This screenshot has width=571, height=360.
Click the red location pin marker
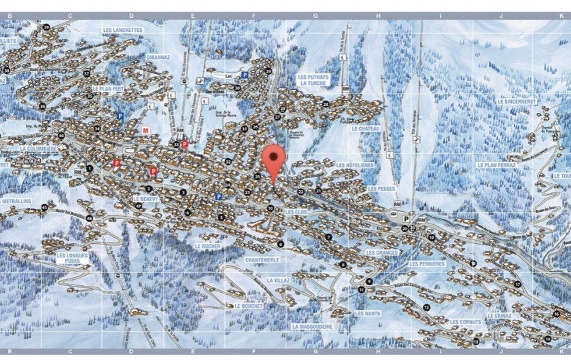(x=273, y=158)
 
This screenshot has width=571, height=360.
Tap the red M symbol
(x=145, y=130)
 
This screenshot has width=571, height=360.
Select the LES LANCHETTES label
(x=123, y=31)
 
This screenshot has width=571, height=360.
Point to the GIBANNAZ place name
(x=158, y=58)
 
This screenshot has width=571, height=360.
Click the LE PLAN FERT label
(x=108, y=88)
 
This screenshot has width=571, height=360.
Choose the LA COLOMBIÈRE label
(x=39, y=148)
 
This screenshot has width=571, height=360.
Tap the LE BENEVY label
(x=146, y=200)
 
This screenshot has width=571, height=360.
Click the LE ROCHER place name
(x=207, y=246)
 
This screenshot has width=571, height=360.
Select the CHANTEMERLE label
(x=262, y=260)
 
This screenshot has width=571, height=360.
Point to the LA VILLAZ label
(x=278, y=280)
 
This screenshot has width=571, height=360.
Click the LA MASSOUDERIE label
(x=313, y=326)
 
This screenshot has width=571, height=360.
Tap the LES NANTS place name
(x=367, y=313)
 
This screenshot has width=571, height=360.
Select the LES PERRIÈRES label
(x=427, y=264)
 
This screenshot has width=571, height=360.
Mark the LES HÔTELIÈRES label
(x=355, y=165)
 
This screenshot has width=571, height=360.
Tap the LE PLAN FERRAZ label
(x=496, y=164)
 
